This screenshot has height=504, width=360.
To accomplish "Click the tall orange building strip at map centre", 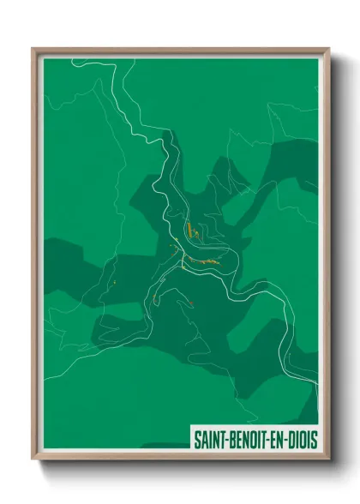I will pos(187,230).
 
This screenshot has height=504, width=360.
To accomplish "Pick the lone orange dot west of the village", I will pos(112,280).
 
